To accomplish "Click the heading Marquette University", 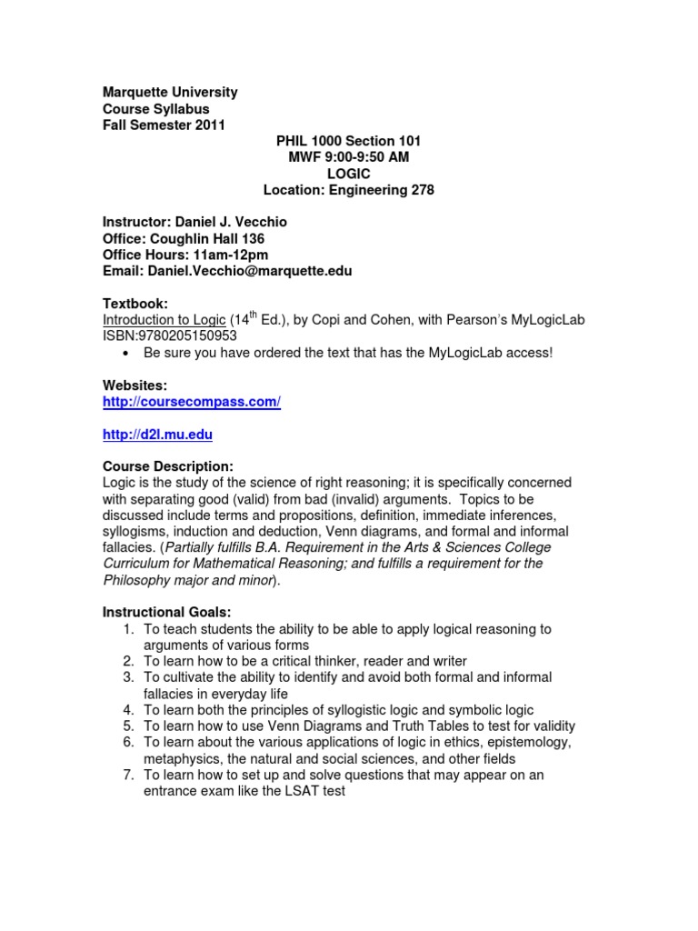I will [170, 92].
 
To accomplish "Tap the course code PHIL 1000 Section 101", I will [348, 141].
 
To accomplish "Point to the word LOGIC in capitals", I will [348, 174].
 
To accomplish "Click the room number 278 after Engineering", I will [422, 190].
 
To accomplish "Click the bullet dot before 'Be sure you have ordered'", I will [125, 353].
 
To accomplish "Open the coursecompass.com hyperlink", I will [192, 402].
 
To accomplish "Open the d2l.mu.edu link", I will [157, 435].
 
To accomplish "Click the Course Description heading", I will [168, 466].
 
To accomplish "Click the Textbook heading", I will [135, 304].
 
